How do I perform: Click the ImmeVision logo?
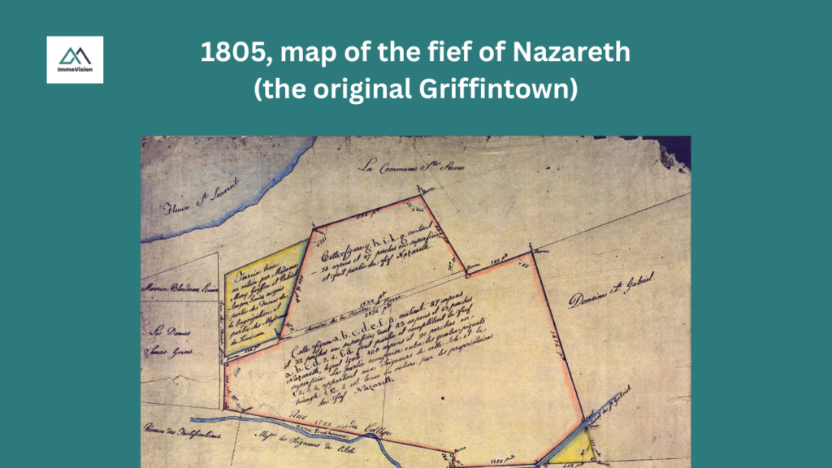click(75, 58)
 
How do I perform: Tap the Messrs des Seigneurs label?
click(310, 442)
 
